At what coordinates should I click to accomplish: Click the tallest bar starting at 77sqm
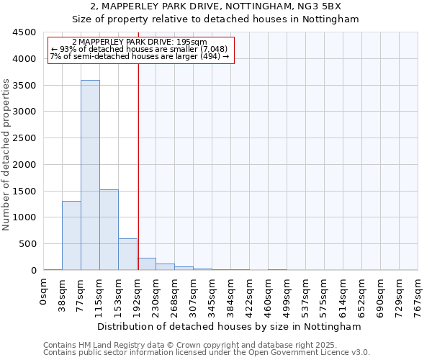(x=90, y=175)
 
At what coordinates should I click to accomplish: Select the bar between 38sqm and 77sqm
(x=71, y=235)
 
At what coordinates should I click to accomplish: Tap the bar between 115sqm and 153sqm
(x=109, y=230)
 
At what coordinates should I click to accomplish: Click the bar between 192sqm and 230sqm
(x=147, y=264)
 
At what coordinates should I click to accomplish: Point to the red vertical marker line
(x=138, y=166)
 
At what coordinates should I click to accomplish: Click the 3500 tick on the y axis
(x=24, y=85)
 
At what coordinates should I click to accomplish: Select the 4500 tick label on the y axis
(x=24, y=32)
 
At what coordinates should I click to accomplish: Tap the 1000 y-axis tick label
(x=24, y=217)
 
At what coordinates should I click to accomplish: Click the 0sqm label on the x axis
(x=44, y=292)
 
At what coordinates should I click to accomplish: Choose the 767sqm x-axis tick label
(x=418, y=295)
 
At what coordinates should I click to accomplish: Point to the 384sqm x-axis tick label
(x=231, y=295)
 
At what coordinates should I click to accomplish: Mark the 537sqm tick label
(x=306, y=295)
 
